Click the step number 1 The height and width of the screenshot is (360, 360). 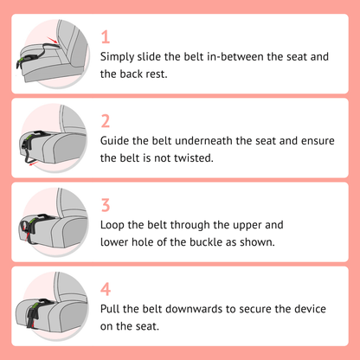click(106, 37)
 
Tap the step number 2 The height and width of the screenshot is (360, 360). click(106, 121)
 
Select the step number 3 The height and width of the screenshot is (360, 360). click(106, 205)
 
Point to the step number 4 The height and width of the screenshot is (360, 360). click(106, 289)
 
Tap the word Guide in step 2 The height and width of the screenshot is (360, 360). click(118, 140)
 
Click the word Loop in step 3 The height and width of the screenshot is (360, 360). click(115, 224)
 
